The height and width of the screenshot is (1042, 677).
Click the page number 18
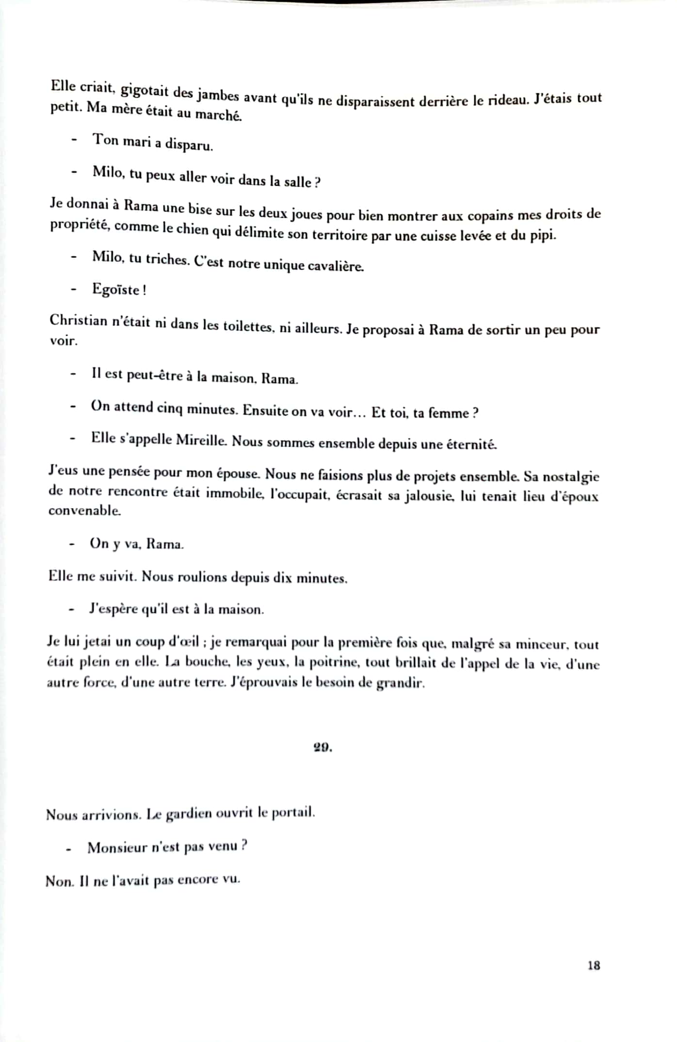(594, 965)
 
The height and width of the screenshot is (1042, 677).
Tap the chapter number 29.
(322, 748)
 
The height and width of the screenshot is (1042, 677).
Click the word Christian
(78, 320)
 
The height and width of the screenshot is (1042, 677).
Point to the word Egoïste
(116, 290)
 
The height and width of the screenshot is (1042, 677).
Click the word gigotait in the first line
(145, 91)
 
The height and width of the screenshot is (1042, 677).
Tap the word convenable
(84, 510)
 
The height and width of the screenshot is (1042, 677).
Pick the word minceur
(541, 644)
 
